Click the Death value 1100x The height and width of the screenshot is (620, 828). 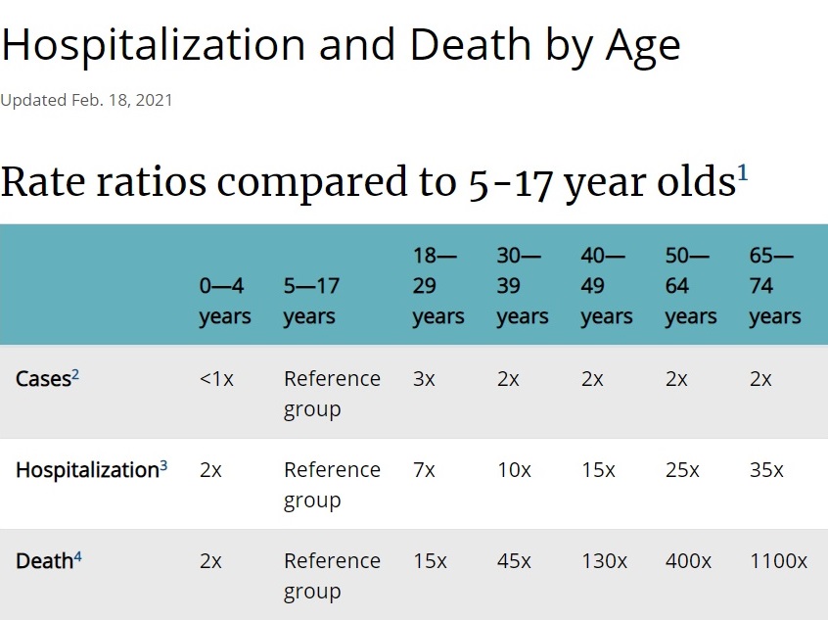click(778, 561)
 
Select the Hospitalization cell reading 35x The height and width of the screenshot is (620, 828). click(766, 470)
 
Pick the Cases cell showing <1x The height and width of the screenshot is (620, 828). click(216, 379)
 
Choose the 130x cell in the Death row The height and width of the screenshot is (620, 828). click(604, 561)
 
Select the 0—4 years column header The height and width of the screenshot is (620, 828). click(225, 302)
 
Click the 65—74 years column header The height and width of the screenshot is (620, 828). click(774, 286)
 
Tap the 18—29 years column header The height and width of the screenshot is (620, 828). click(437, 286)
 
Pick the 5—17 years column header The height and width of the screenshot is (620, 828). click(311, 302)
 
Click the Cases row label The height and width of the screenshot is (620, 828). click(43, 379)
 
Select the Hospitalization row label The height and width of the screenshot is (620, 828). click(86, 470)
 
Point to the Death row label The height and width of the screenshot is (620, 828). click(44, 561)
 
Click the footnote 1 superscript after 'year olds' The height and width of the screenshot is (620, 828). click(743, 173)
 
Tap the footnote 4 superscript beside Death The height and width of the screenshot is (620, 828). click(78, 556)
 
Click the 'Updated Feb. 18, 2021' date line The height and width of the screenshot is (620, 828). click(86, 100)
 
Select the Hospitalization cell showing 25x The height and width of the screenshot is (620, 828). click(682, 470)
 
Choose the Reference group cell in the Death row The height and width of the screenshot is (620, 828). click(332, 576)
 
